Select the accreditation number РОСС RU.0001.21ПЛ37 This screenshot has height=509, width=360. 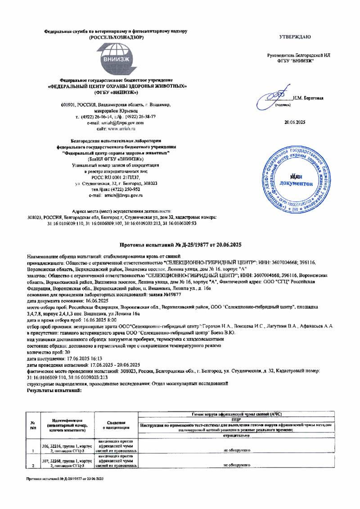pyautogui.click(x=116, y=178)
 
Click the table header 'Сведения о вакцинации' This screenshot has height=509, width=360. pyautogui.click(x=118, y=425)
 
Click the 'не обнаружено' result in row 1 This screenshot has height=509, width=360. pyautogui.click(x=237, y=449)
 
